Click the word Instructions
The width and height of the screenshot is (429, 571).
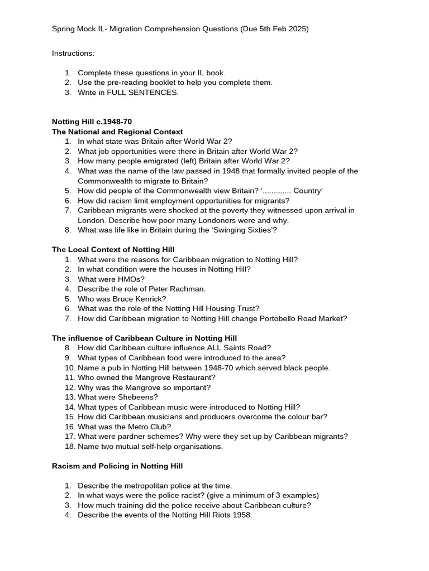click(73, 53)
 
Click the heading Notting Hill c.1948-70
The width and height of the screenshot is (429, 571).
click(92, 122)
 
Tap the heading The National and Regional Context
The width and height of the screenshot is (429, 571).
click(117, 132)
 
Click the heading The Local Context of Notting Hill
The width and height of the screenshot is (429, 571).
click(113, 249)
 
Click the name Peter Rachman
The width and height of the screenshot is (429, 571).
click(177, 289)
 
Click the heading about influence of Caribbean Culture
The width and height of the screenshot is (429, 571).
click(144, 338)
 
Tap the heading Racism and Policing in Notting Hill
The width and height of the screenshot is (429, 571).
click(117, 466)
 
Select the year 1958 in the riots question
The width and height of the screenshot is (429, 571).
click(241, 515)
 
